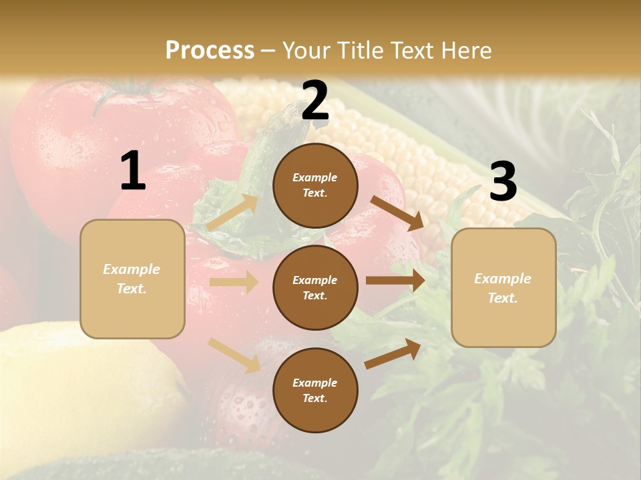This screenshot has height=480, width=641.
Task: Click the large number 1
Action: [133, 171]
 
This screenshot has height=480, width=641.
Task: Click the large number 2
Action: [315, 101]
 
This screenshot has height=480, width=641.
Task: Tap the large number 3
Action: [503, 182]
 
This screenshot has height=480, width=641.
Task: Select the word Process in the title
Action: [210, 50]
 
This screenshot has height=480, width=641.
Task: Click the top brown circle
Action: [315, 185]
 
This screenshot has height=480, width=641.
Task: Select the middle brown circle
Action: [315, 288]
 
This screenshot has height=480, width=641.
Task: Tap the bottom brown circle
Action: [315, 391]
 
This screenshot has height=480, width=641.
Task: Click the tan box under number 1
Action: [132, 279]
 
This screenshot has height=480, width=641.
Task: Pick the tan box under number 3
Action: [503, 288]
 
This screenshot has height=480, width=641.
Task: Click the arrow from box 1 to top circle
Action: [233, 212]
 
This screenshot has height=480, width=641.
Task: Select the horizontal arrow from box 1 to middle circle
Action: [234, 282]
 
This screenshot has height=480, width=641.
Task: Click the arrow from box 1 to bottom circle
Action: [234, 355]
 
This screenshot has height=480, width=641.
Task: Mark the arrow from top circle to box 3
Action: [397, 213]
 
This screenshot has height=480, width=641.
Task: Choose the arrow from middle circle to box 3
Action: [395, 281]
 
